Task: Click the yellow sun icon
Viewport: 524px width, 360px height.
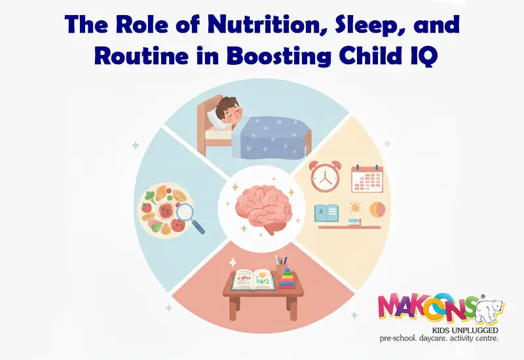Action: point(356,209)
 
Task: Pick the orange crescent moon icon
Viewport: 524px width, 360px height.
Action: point(377,209)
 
